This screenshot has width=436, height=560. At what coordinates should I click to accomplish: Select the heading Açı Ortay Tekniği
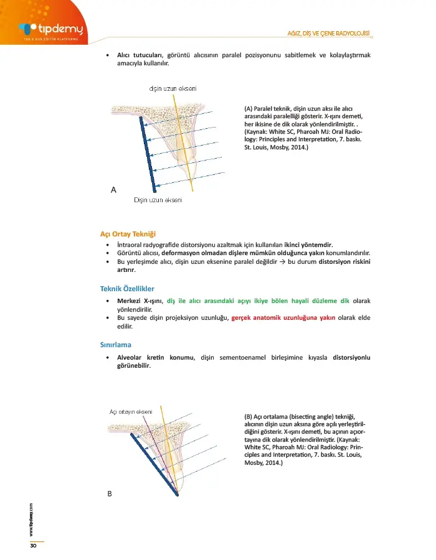127,234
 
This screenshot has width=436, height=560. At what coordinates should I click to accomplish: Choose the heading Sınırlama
115,343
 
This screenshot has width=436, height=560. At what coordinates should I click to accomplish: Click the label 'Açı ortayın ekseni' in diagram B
131,411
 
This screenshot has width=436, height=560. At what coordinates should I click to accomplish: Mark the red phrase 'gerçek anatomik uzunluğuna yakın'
283,317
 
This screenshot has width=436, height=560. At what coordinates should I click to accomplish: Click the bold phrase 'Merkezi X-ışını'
140,300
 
